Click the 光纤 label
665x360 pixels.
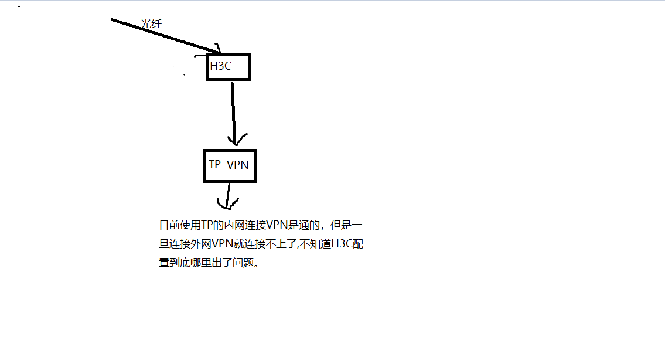click(x=151, y=24)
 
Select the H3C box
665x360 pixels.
click(x=229, y=67)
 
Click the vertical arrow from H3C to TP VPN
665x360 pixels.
click(x=233, y=111)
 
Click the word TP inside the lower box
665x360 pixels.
click(x=215, y=165)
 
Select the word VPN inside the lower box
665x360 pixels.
click(x=238, y=165)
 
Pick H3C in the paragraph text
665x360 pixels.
click(x=342, y=244)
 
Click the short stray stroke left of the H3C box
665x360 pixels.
click(x=201, y=57)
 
